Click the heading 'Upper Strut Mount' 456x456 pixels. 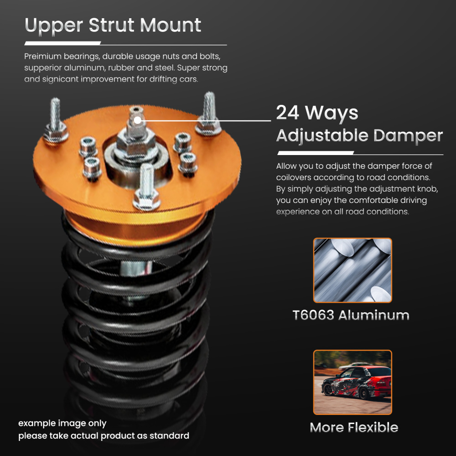[x=113, y=25]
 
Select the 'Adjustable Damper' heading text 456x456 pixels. [x=359, y=135]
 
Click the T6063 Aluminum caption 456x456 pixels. [x=351, y=315]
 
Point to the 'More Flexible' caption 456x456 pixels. [x=354, y=427]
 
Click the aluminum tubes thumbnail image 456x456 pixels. [x=352, y=270]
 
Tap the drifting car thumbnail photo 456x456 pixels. [x=352, y=382]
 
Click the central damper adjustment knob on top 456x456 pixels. [x=136, y=117]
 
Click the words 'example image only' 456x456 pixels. [x=62, y=423]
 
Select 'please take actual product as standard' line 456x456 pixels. [x=104, y=436]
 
